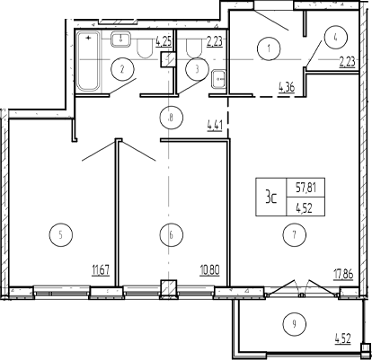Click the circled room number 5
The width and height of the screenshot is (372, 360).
click(x=61, y=235)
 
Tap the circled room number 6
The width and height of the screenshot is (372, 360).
click(x=171, y=235)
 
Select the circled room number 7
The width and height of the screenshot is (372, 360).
click(x=295, y=235)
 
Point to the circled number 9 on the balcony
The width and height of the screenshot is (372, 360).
click(x=295, y=323)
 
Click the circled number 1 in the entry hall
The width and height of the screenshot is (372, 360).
click(x=269, y=48)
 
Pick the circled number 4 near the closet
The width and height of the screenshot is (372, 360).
click(x=335, y=38)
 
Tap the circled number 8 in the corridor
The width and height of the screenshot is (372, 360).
click(x=171, y=118)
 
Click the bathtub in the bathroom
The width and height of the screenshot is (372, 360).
click(x=88, y=61)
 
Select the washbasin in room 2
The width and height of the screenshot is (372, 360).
click(x=120, y=40)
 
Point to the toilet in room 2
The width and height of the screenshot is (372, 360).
click(x=146, y=48)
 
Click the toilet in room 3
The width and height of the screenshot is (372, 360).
click(x=194, y=48)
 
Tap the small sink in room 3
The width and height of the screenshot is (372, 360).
click(x=219, y=79)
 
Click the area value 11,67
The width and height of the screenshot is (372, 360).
click(x=101, y=271)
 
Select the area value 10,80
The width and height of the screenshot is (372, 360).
click(x=210, y=271)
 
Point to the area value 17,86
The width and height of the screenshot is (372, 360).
click(x=344, y=274)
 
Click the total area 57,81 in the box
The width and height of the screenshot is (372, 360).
click(x=306, y=188)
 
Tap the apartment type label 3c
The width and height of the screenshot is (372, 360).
click(x=270, y=198)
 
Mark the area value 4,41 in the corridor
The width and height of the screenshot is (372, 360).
click(x=215, y=126)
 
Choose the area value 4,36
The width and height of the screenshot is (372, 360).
click(x=287, y=88)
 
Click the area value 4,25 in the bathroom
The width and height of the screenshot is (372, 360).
click(x=164, y=41)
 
